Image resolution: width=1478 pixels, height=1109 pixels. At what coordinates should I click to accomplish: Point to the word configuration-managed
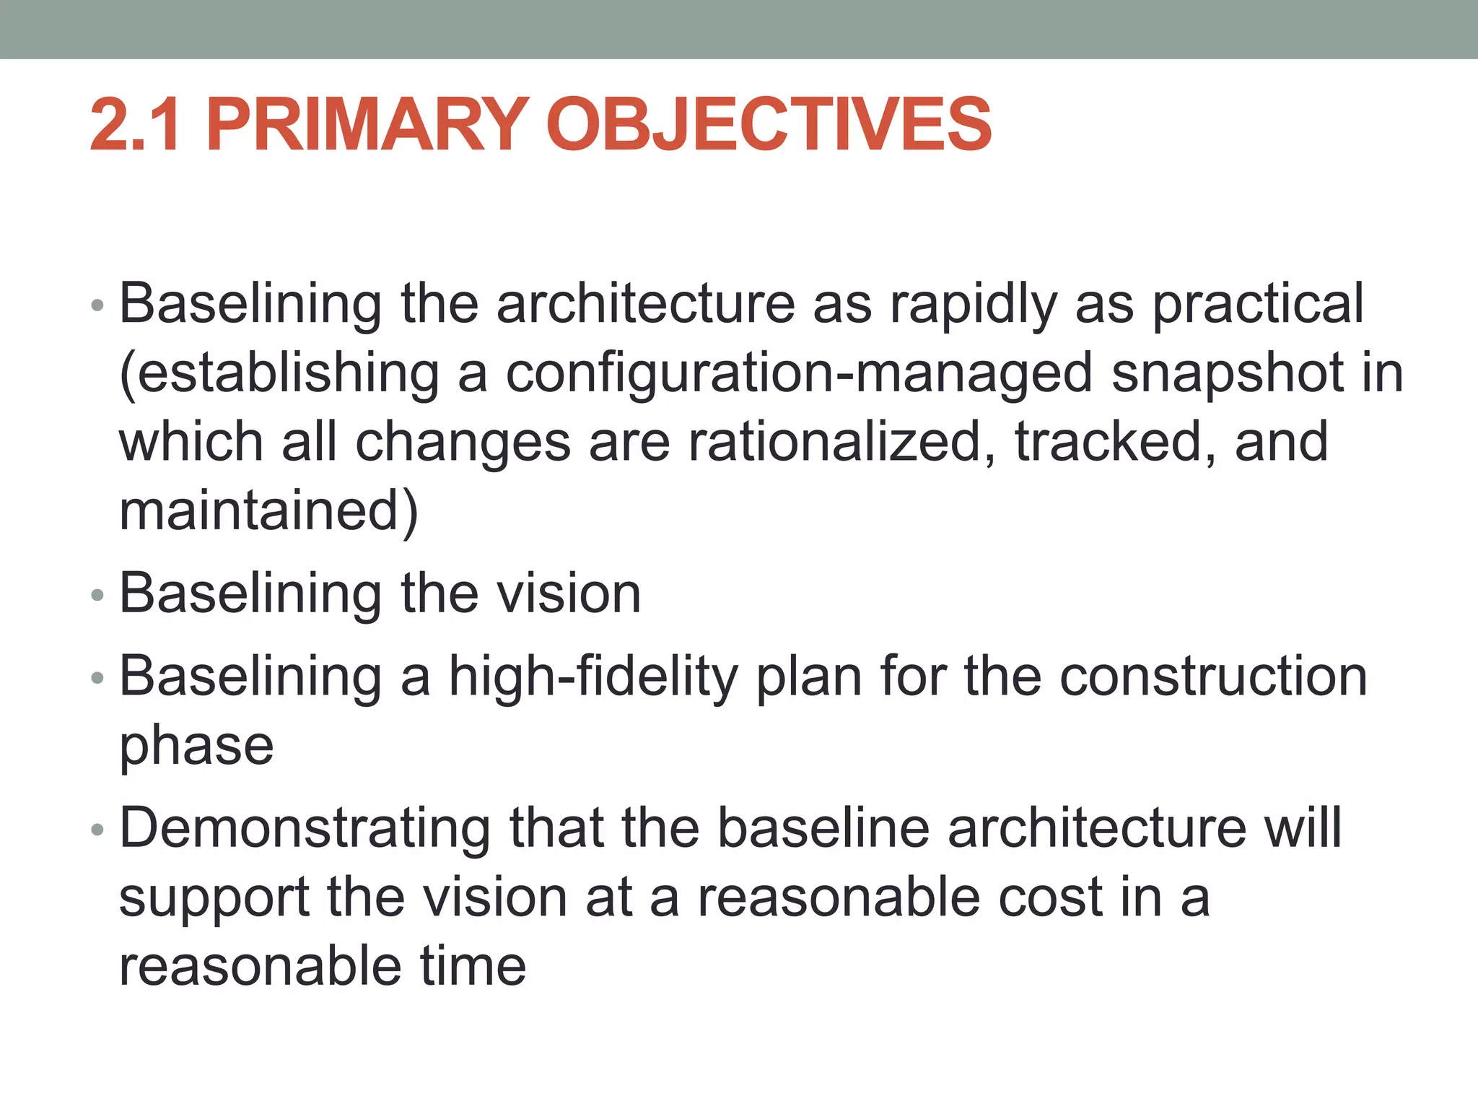tap(799, 374)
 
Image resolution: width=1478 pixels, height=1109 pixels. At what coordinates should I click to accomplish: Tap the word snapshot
tap(1228, 374)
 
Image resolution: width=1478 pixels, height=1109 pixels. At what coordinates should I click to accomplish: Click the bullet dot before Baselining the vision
tap(98, 596)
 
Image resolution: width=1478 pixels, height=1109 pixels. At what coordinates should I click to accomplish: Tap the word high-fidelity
tap(593, 677)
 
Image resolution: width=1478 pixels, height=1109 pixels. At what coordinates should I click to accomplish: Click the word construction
tap(1213, 677)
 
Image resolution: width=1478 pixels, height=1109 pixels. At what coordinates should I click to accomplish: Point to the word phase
tap(196, 747)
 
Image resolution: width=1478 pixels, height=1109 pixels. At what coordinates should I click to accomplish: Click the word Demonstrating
tap(305, 828)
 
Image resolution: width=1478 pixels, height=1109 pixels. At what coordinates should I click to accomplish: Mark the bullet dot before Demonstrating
tap(98, 831)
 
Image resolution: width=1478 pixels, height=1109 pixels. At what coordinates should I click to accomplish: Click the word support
tap(214, 899)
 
